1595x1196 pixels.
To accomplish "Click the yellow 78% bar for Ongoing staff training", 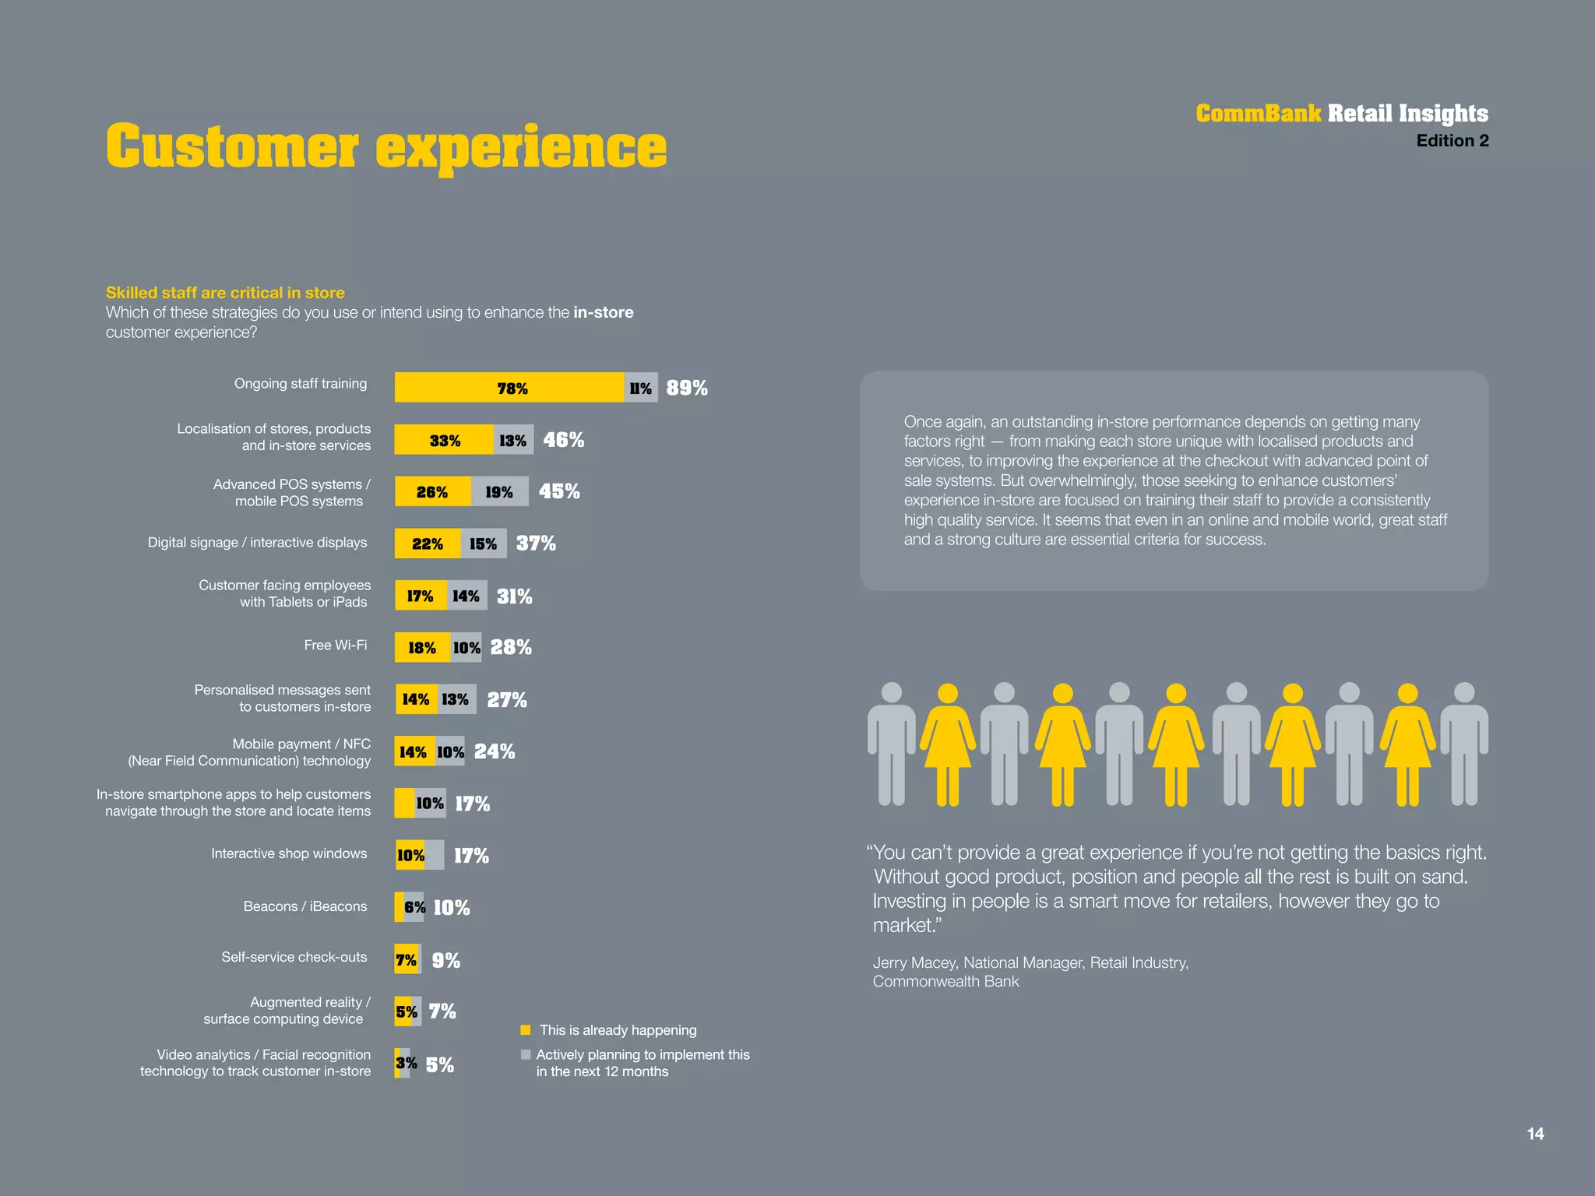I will [x=509, y=388].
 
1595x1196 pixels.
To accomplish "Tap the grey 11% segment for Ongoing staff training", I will [x=641, y=388].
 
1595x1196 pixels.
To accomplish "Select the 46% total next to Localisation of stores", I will [x=564, y=440].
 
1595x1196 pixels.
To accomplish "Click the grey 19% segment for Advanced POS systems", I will [x=499, y=492].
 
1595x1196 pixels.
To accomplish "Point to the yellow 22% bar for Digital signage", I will [x=428, y=543].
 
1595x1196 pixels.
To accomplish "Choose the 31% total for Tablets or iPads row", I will [x=514, y=596].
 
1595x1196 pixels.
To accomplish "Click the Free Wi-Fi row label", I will [x=336, y=645].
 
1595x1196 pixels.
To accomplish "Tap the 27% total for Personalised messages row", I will [x=507, y=700].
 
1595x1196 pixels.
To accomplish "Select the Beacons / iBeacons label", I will [x=305, y=906].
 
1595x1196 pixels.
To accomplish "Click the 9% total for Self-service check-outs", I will [x=446, y=961].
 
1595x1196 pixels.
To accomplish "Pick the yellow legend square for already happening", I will [x=526, y=1030].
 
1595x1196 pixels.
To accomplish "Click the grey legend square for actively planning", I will [x=526, y=1055].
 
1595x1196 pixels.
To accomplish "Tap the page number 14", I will [x=1535, y=1134].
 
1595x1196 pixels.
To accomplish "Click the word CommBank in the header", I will [x=1258, y=114].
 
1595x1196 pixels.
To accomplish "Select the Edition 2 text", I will [x=1452, y=141].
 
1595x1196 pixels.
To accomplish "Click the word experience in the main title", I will [x=521, y=148].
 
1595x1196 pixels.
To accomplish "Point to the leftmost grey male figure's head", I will [x=892, y=692].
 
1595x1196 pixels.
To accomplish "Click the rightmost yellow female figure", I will [x=1407, y=744].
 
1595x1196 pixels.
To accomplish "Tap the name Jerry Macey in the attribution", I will [x=913, y=963].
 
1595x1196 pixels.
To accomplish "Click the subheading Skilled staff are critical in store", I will [x=225, y=293].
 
